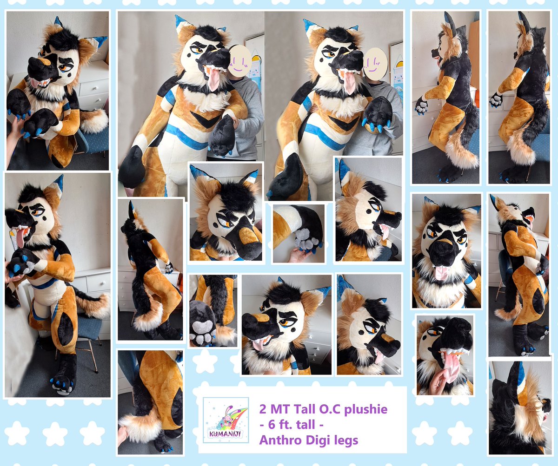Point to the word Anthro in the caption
click(x=279, y=440)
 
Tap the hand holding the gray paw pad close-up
click(x=298, y=254)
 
